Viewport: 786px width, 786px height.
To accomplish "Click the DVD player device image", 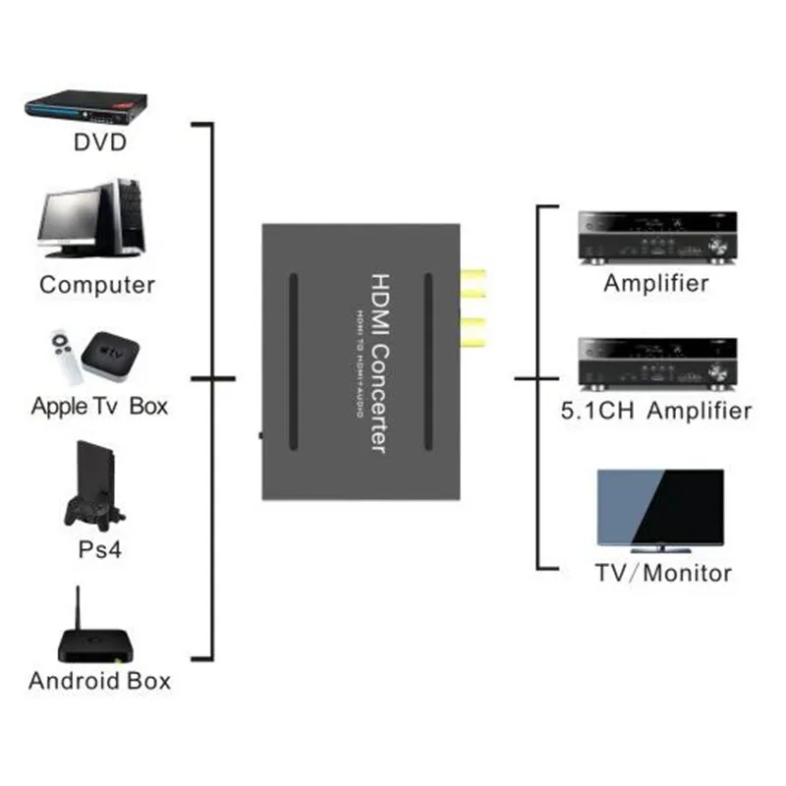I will coord(85,106).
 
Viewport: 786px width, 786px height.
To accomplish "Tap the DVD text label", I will coord(100,143).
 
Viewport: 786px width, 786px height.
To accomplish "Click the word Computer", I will coord(97,285).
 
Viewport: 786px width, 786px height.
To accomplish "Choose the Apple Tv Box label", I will coord(99,406).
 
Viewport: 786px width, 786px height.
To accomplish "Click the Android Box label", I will coord(99,680).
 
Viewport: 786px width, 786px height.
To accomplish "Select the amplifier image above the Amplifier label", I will coord(654,238).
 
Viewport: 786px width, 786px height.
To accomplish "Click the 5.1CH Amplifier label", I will coord(654,410).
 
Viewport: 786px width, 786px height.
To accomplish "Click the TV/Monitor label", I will coord(662,572).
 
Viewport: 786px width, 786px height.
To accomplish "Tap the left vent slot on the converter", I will coord(292,361).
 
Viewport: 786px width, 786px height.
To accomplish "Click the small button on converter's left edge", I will coord(259,433).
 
